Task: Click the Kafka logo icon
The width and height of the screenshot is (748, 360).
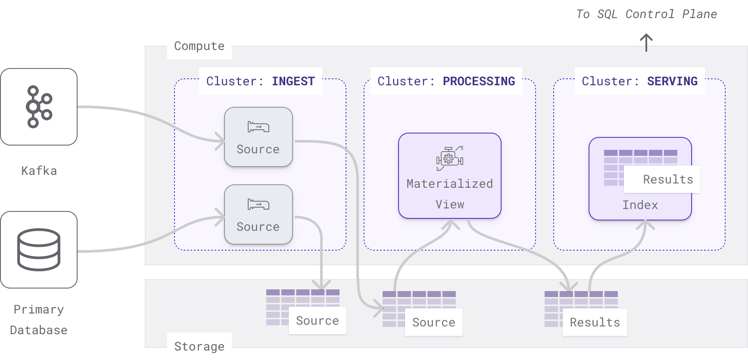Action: pyautogui.click(x=39, y=107)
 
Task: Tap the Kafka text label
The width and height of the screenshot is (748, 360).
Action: pyautogui.click(x=39, y=171)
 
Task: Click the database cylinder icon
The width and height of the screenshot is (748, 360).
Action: pyautogui.click(x=39, y=250)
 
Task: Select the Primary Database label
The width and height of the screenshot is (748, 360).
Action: pyautogui.click(x=39, y=320)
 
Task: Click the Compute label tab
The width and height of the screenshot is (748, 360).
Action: pyautogui.click(x=199, y=46)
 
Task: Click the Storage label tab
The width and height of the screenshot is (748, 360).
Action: pyautogui.click(x=199, y=346)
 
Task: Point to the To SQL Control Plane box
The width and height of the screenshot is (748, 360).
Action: pyautogui.click(x=646, y=14)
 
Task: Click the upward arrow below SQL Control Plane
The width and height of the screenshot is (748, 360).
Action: pyautogui.click(x=646, y=42)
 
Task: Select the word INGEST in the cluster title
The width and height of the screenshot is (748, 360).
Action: pyautogui.click(x=293, y=81)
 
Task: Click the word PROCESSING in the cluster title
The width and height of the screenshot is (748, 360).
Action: pyautogui.click(x=479, y=81)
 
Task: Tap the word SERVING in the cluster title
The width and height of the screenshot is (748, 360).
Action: pyautogui.click(x=672, y=81)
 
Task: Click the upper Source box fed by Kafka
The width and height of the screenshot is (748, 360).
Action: pyautogui.click(x=259, y=137)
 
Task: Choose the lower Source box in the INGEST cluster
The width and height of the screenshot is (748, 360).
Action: pyautogui.click(x=259, y=214)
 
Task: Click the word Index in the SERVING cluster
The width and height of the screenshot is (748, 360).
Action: pyautogui.click(x=640, y=205)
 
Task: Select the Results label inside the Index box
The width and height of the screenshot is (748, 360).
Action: pyautogui.click(x=668, y=179)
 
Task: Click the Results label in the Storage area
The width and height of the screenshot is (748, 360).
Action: pyautogui.click(x=595, y=322)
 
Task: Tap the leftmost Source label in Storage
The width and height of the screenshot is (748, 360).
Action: pyautogui.click(x=317, y=320)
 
